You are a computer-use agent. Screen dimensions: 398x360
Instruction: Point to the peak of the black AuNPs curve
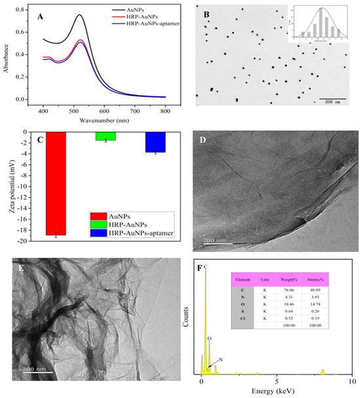(79, 15)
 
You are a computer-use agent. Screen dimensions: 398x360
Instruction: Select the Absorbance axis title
(7, 54)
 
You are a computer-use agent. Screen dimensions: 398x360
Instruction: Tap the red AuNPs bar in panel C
(56, 183)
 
